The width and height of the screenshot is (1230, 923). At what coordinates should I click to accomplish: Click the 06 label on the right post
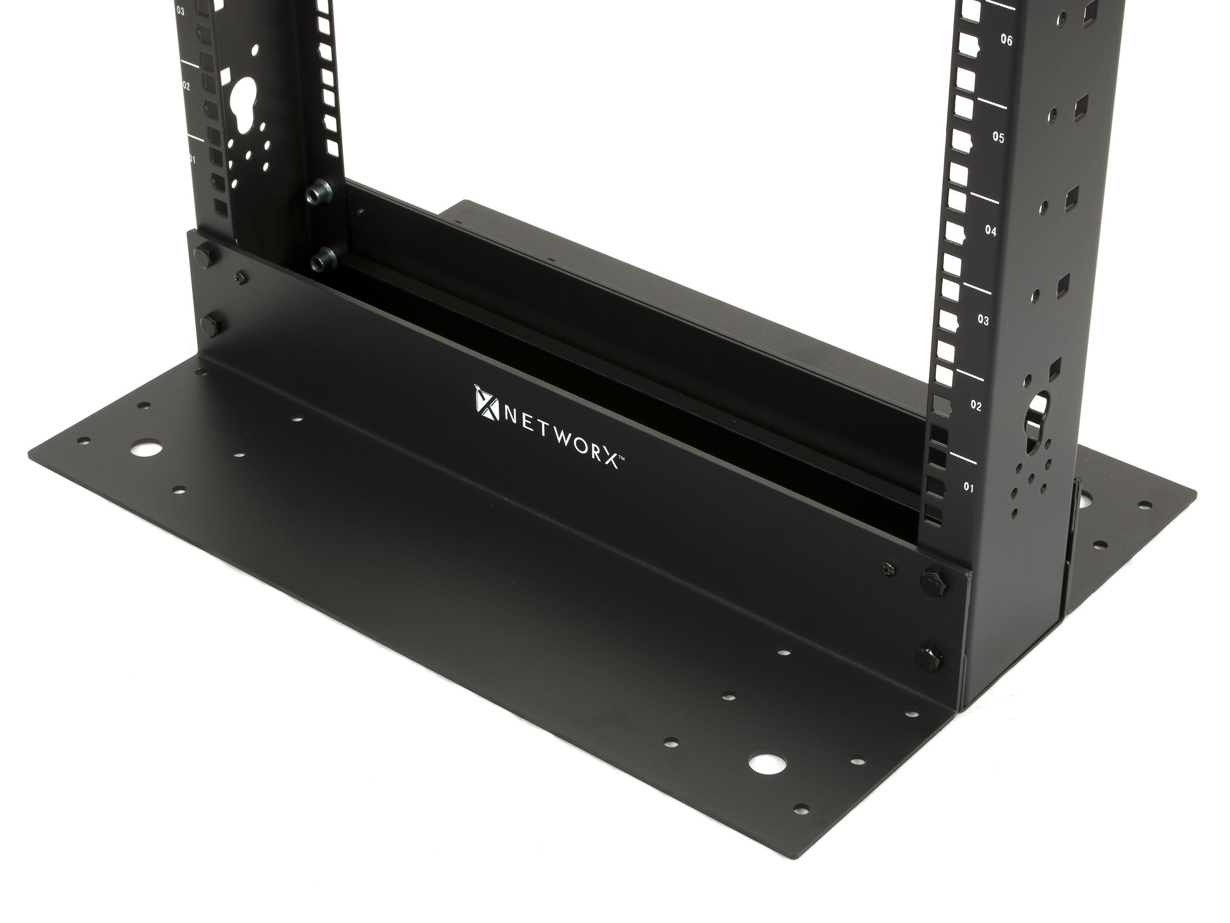[1006, 40]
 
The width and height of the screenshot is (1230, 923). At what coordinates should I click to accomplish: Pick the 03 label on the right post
[983, 320]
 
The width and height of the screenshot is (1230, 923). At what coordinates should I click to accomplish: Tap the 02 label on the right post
[976, 406]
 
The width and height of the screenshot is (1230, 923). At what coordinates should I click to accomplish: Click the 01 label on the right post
[969, 488]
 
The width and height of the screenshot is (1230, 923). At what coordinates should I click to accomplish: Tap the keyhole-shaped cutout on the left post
[245, 106]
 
